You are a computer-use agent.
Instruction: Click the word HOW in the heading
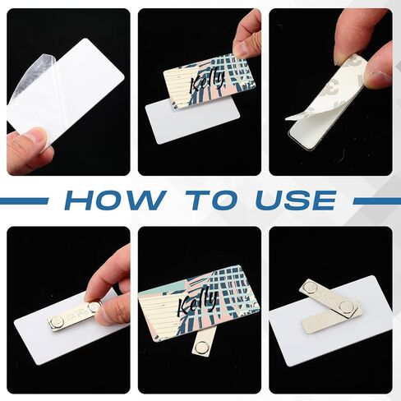115,200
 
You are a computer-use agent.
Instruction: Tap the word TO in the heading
210,200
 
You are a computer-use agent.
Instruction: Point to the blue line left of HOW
23,201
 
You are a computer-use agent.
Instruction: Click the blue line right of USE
377,201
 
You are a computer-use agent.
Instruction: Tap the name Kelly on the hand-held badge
207,82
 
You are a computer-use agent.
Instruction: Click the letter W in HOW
148,200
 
